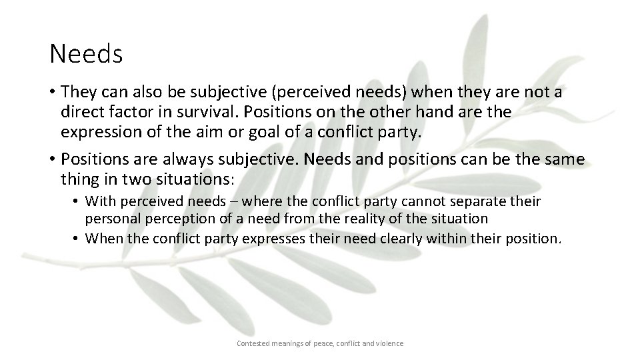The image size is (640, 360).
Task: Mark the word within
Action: point(432,238)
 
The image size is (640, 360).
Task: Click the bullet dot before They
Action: point(53,93)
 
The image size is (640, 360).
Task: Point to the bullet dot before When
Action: point(78,238)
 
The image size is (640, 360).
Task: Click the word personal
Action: point(111,218)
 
